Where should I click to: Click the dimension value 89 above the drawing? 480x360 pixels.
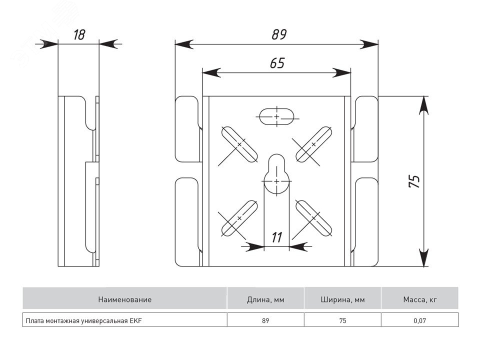[279, 35]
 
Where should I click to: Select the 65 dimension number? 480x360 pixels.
[277, 63]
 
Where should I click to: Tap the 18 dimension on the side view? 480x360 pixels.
[79, 35]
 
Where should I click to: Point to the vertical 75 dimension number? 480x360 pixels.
[414, 181]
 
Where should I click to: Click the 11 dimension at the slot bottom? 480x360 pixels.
[276, 237]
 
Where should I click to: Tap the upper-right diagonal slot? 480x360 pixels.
[313, 144]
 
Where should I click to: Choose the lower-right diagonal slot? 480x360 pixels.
[313, 218]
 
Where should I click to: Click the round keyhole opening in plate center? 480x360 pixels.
[276, 180]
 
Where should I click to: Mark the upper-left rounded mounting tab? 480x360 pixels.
[188, 129]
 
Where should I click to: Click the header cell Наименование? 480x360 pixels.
[124, 300]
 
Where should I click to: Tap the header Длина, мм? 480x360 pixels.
[265, 300]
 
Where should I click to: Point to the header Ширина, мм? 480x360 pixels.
[342, 300]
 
